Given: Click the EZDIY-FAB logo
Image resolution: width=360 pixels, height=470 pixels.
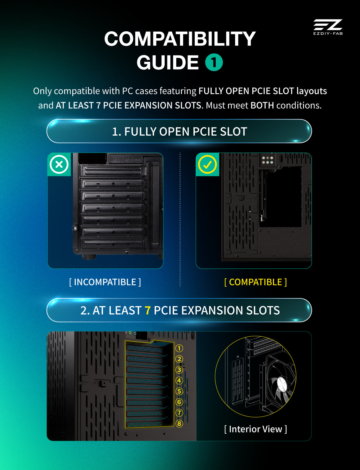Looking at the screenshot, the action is tap(328, 27).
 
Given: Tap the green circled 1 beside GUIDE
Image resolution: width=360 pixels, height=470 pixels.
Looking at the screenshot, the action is tap(214, 62).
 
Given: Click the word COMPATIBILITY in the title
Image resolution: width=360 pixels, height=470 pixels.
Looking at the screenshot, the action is tap(180, 39).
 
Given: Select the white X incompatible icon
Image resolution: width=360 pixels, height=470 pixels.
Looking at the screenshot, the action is tap(59, 164).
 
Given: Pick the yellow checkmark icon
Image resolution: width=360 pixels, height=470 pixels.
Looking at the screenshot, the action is tap(208, 164).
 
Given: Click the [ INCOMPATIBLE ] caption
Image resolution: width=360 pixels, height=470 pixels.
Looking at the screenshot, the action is tap(105, 282).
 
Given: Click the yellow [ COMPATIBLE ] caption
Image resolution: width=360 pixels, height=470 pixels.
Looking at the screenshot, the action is tap(255, 282).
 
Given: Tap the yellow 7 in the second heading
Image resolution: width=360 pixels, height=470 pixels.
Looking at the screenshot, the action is tap(147, 310).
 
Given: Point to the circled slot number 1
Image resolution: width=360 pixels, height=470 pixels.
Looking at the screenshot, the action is tap(179, 348).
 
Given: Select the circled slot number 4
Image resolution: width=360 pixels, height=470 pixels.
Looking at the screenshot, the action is tap(179, 380).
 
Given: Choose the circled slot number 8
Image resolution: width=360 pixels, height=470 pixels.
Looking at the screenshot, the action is tap(179, 423).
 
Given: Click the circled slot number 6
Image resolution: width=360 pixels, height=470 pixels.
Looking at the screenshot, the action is tap(179, 402).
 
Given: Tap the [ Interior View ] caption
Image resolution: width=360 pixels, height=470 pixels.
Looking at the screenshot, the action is tap(255, 429).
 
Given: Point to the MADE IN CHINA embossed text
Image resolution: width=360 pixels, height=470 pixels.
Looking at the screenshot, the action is tap(126, 159).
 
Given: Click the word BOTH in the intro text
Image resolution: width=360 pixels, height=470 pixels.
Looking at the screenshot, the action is tap(262, 105).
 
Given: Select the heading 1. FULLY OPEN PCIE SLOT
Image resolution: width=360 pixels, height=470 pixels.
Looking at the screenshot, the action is tap(180, 131).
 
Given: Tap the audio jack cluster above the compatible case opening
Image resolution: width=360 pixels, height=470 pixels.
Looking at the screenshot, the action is tap(268, 160).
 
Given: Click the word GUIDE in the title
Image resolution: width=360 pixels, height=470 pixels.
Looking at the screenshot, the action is tap(168, 62).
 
